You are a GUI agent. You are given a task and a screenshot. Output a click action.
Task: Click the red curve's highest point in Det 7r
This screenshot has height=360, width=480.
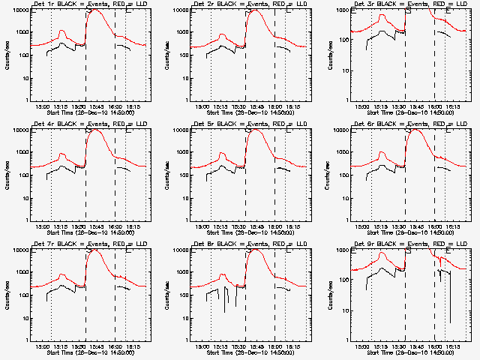point(95,249)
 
